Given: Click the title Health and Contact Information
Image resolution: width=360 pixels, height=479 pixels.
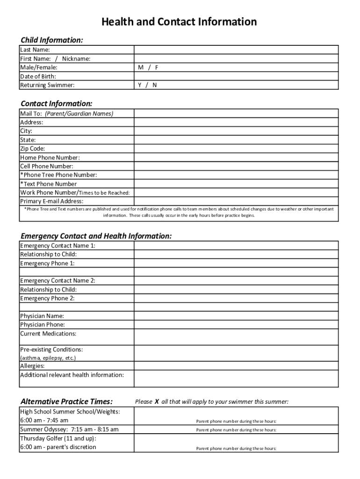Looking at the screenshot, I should click(180, 22).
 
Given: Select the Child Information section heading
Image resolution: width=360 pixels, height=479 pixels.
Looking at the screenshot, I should click(52, 40).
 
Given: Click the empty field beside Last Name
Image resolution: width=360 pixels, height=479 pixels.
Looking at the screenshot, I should click(236, 50).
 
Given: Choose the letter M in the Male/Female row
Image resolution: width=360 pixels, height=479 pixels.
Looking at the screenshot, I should click(140, 67).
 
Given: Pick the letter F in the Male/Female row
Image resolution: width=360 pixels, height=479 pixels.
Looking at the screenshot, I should click(157, 67).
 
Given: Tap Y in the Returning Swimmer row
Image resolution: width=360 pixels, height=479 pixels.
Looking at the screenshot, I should click(140, 85).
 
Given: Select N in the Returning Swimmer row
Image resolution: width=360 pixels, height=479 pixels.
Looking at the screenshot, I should click(154, 85).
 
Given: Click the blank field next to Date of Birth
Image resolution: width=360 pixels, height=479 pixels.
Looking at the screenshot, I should click(236, 76).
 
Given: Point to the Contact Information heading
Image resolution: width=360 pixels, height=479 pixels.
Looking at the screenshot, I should click(57, 103).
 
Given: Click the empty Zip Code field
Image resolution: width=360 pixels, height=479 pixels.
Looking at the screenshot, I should click(236, 149).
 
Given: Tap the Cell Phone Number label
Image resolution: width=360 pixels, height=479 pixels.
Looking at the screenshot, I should click(47, 166).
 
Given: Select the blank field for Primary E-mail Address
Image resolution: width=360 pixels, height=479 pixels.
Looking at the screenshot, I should click(236, 201).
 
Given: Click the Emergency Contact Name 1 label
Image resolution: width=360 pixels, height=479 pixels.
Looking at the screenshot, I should click(58, 246).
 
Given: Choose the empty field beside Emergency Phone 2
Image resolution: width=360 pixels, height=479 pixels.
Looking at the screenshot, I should click(236, 298).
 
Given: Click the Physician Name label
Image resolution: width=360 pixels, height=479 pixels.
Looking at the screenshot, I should click(42, 316).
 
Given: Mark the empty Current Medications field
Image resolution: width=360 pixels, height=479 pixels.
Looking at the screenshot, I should click(236, 337).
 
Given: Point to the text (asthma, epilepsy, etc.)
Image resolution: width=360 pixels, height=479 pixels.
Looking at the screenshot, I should click(48, 358).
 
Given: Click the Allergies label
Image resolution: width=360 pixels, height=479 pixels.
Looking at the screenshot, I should click(32, 366).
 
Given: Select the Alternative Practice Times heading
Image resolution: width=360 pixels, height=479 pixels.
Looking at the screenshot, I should click(67, 401).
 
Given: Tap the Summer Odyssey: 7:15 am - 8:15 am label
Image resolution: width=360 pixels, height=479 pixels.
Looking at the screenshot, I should click(69, 429).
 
